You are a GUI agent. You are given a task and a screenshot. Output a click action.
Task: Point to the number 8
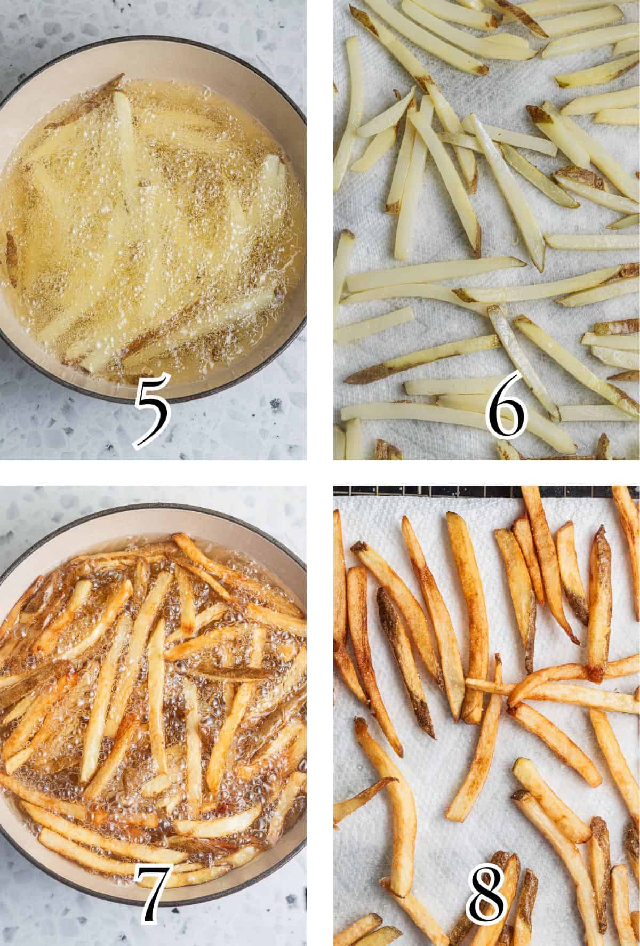(485, 896)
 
